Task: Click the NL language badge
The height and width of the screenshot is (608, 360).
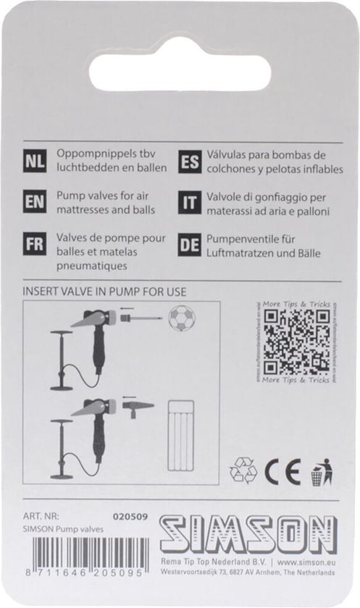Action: [x=35, y=162]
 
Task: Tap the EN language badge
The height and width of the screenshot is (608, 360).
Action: [x=35, y=203]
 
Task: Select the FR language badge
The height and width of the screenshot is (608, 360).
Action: [x=35, y=245]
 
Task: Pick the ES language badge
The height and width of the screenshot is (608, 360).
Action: [x=188, y=162]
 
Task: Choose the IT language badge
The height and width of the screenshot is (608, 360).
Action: [x=188, y=203]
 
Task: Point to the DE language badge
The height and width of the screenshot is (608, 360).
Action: [x=188, y=245]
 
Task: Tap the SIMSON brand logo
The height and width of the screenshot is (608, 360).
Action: [x=247, y=535]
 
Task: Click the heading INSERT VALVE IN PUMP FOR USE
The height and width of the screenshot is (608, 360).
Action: [x=105, y=292]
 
